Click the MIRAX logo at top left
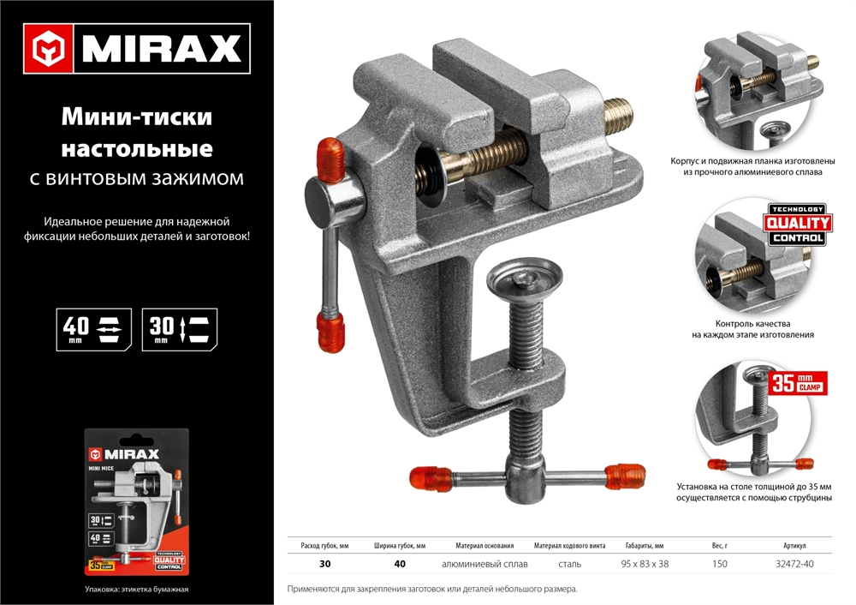[x=137, y=49]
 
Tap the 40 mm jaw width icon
[x=94, y=329]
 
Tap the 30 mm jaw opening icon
[x=180, y=329]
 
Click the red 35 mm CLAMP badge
[x=798, y=382]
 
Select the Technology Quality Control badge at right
[x=796, y=225]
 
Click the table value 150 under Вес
[x=720, y=564]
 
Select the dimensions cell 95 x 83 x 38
[x=645, y=564]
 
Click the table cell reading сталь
[x=569, y=564]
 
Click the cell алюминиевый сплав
[x=484, y=564]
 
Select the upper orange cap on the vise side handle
[x=330, y=158]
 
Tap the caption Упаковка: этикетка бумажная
[x=137, y=589]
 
